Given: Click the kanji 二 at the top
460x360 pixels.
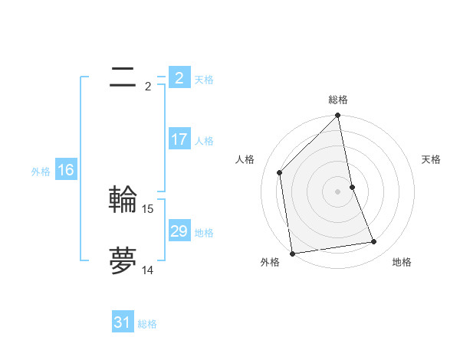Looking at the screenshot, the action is [123, 77].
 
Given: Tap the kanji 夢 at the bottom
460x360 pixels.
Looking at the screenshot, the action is [123, 261].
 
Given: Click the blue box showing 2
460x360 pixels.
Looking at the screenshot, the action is [179, 77].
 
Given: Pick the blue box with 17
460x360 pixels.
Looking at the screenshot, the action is [179, 139].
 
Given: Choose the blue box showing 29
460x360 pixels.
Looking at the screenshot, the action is [179, 231].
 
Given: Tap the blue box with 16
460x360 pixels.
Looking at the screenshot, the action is [66, 170].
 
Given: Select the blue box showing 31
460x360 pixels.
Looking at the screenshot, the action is [123, 322].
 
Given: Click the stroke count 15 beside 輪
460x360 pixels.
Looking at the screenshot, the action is [148, 208].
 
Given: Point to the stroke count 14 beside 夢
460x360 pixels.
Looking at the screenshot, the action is [148, 270].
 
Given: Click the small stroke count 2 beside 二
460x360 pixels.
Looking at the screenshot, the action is [148, 87].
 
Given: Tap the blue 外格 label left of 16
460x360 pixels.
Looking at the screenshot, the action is [41, 172].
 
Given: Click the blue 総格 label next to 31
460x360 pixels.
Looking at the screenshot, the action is [147, 324].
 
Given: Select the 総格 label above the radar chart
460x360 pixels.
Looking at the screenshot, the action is [338, 100].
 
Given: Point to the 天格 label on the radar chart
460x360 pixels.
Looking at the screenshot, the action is [432, 159].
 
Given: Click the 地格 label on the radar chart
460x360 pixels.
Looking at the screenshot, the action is [402, 263].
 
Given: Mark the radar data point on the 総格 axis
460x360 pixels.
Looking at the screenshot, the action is [338, 116].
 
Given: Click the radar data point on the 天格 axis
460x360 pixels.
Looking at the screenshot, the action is [352, 187].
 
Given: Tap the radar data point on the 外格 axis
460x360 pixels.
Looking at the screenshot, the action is [292, 253].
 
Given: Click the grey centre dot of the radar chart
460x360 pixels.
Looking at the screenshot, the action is [338, 191].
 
